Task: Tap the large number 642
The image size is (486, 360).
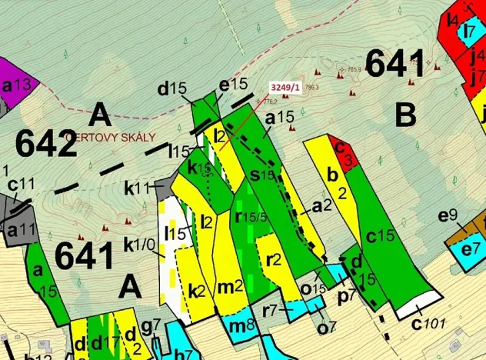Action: click(46, 143)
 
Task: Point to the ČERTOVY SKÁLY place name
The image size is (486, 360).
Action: click(115, 137)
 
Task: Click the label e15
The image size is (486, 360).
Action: click(233, 84)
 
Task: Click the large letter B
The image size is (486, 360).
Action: click(405, 115)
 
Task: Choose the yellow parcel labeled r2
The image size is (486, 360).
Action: click(272, 259)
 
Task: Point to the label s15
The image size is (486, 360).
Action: click(261, 175)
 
